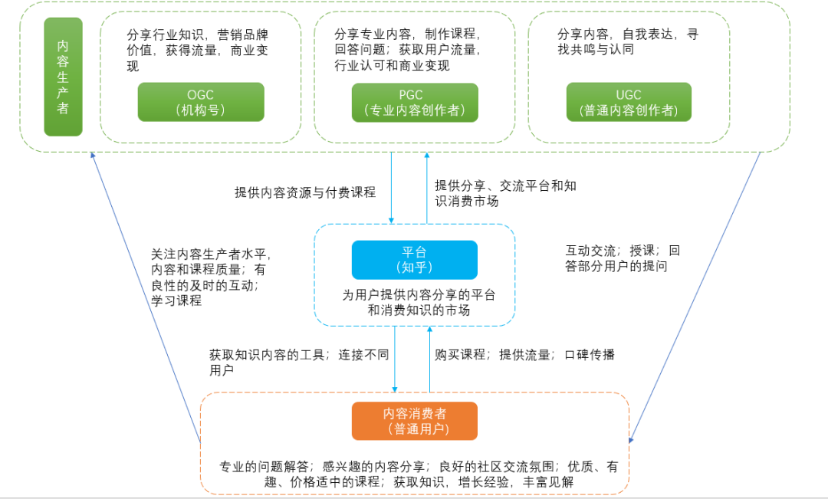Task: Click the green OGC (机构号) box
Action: point(201,102)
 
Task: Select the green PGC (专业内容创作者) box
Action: point(415,102)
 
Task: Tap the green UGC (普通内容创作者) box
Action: point(629,102)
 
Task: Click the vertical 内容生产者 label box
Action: point(63,77)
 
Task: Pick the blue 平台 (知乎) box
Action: point(414,260)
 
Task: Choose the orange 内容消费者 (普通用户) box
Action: point(414,421)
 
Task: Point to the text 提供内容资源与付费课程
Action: point(305,192)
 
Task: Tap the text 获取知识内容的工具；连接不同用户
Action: point(299,362)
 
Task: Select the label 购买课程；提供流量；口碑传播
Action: point(524,354)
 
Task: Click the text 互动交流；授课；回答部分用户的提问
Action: point(622,258)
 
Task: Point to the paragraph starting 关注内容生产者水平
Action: point(211,277)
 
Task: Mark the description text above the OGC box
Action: point(198,50)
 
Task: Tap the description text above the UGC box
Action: point(627,42)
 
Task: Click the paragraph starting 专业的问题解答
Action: point(418,474)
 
